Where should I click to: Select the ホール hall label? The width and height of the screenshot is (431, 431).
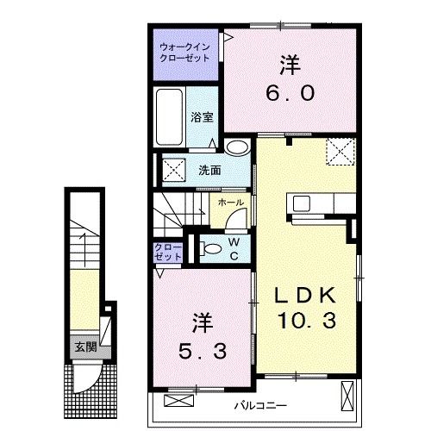[228, 203]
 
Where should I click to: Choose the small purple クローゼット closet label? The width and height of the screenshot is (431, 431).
[169, 252]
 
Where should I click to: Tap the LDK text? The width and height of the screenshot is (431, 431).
[305, 296]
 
